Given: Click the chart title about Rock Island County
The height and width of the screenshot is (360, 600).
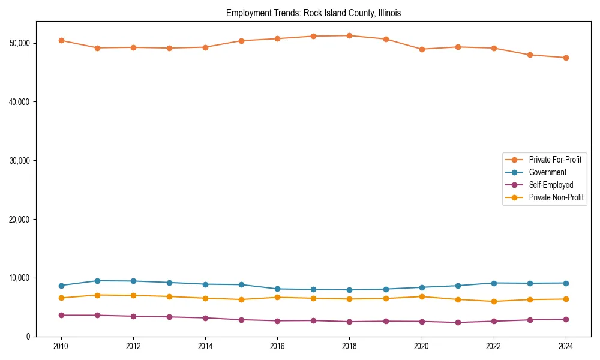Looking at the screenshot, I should pyautogui.click(x=313, y=13).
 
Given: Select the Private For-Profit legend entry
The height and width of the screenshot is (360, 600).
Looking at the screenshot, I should pyautogui.click(x=555, y=160).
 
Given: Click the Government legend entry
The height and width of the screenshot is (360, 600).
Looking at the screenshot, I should pyautogui.click(x=547, y=172).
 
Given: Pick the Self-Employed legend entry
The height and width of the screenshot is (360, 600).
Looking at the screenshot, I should pyautogui.click(x=551, y=185).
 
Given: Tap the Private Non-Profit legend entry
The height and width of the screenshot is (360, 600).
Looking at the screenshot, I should pyautogui.click(x=556, y=197).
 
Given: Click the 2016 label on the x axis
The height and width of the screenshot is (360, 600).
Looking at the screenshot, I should pyautogui.click(x=277, y=346).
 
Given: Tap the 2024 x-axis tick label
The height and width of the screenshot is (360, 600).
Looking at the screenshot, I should pyautogui.click(x=566, y=346).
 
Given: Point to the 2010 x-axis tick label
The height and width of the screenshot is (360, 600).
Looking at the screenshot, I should pyautogui.click(x=61, y=346).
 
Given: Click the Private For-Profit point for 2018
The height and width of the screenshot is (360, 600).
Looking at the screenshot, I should pyautogui.click(x=349, y=35).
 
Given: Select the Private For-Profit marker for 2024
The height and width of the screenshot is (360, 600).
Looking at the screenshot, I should pyautogui.click(x=566, y=58).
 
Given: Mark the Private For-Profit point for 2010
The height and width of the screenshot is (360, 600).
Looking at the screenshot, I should pyautogui.click(x=61, y=40).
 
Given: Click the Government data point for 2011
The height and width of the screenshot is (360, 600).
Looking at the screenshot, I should pyautogui.click(x=97, y=281).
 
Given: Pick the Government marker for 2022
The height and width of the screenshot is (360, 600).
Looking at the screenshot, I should pyautogui.click(x=494, y=283).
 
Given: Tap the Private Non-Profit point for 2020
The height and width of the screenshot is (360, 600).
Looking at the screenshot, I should pyautogui.click(x=422, y=296).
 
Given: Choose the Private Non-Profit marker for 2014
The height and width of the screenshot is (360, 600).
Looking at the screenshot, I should pyautogui.click(x=205, y=298).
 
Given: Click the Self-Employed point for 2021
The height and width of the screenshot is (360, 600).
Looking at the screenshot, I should pyautogui.click(x=458, y=322).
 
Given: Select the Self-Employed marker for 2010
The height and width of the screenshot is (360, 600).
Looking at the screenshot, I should pyautogui.click(x=61, y=315).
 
